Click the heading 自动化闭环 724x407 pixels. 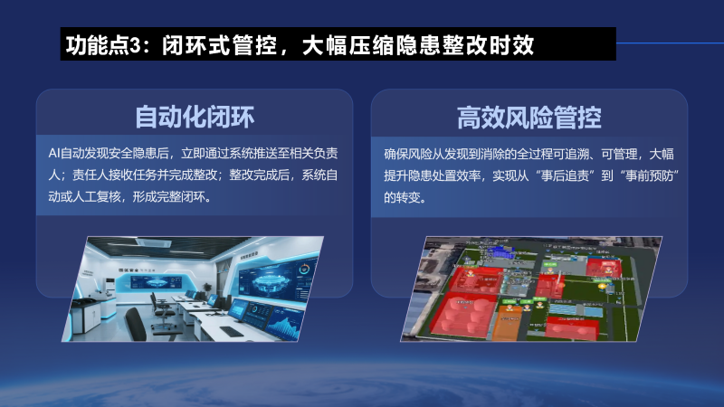[x=194, y=117]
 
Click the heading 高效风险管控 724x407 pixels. [x=529, y=117]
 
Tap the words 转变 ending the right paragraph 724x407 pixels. [x=411, y=196]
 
